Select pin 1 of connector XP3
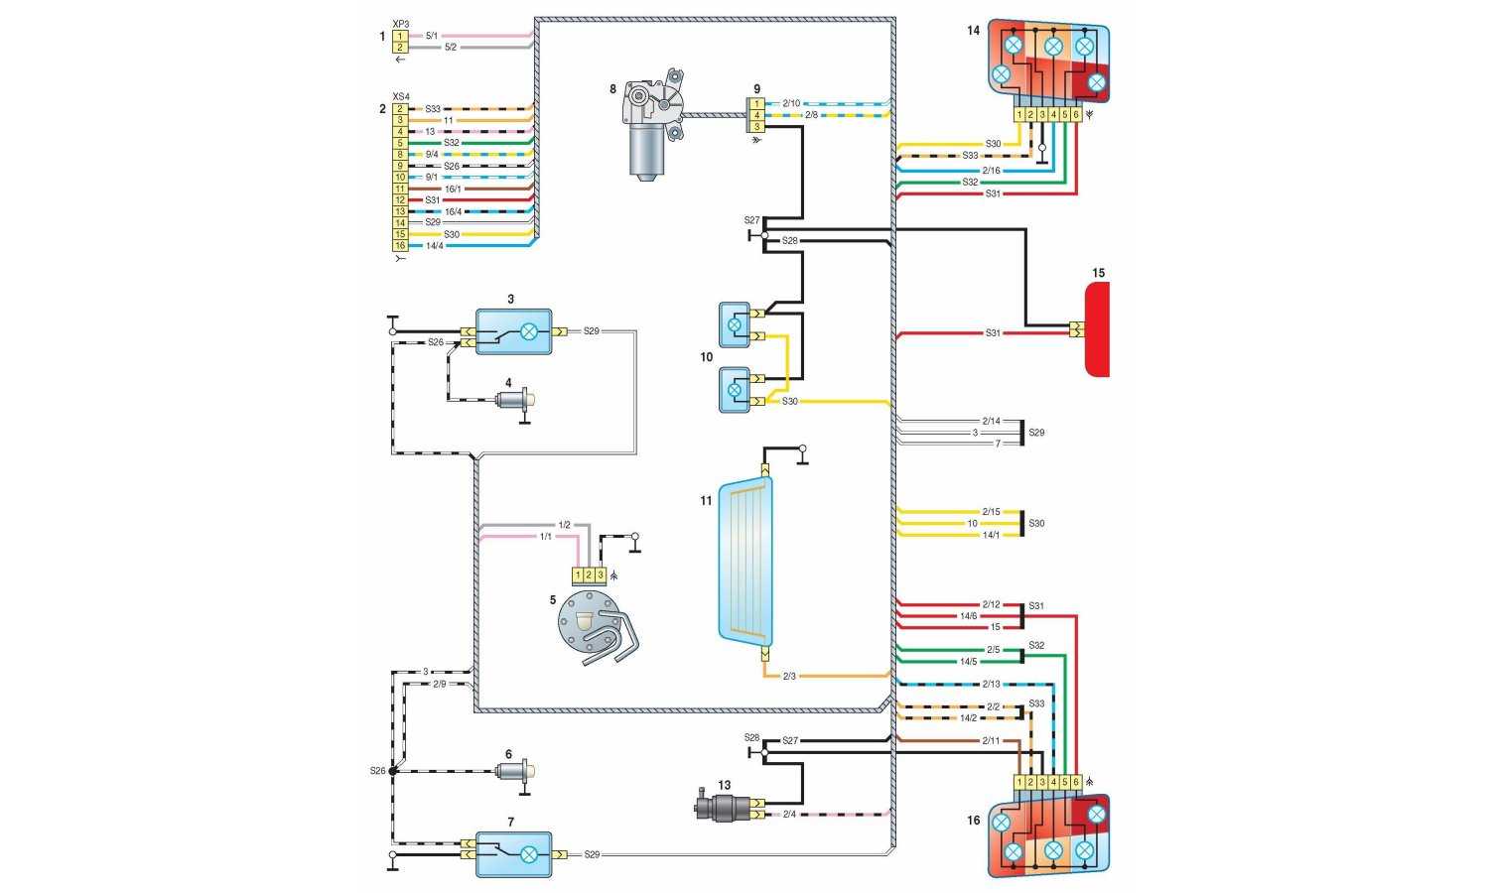(x=400, y=36)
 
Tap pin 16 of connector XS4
(x=400, y=245)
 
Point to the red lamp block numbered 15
(x=1096, y=328)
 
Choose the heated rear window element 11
(x=745, y=560)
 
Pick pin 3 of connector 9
(x=756, y=127)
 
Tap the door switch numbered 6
(x=517, y=771)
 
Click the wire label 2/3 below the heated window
(x=789, y=677)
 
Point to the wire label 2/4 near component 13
(x=789, y=815)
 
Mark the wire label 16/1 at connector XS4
(x=452, y=189)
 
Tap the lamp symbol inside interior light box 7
(x=530, y=853)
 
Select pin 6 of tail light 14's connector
(x=1075, y=115)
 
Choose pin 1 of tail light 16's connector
(x=1019, y=782)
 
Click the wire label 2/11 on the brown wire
(x=990, y=740)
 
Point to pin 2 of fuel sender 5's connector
(x=589, y=574)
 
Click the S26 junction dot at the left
(x=393, y=771)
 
